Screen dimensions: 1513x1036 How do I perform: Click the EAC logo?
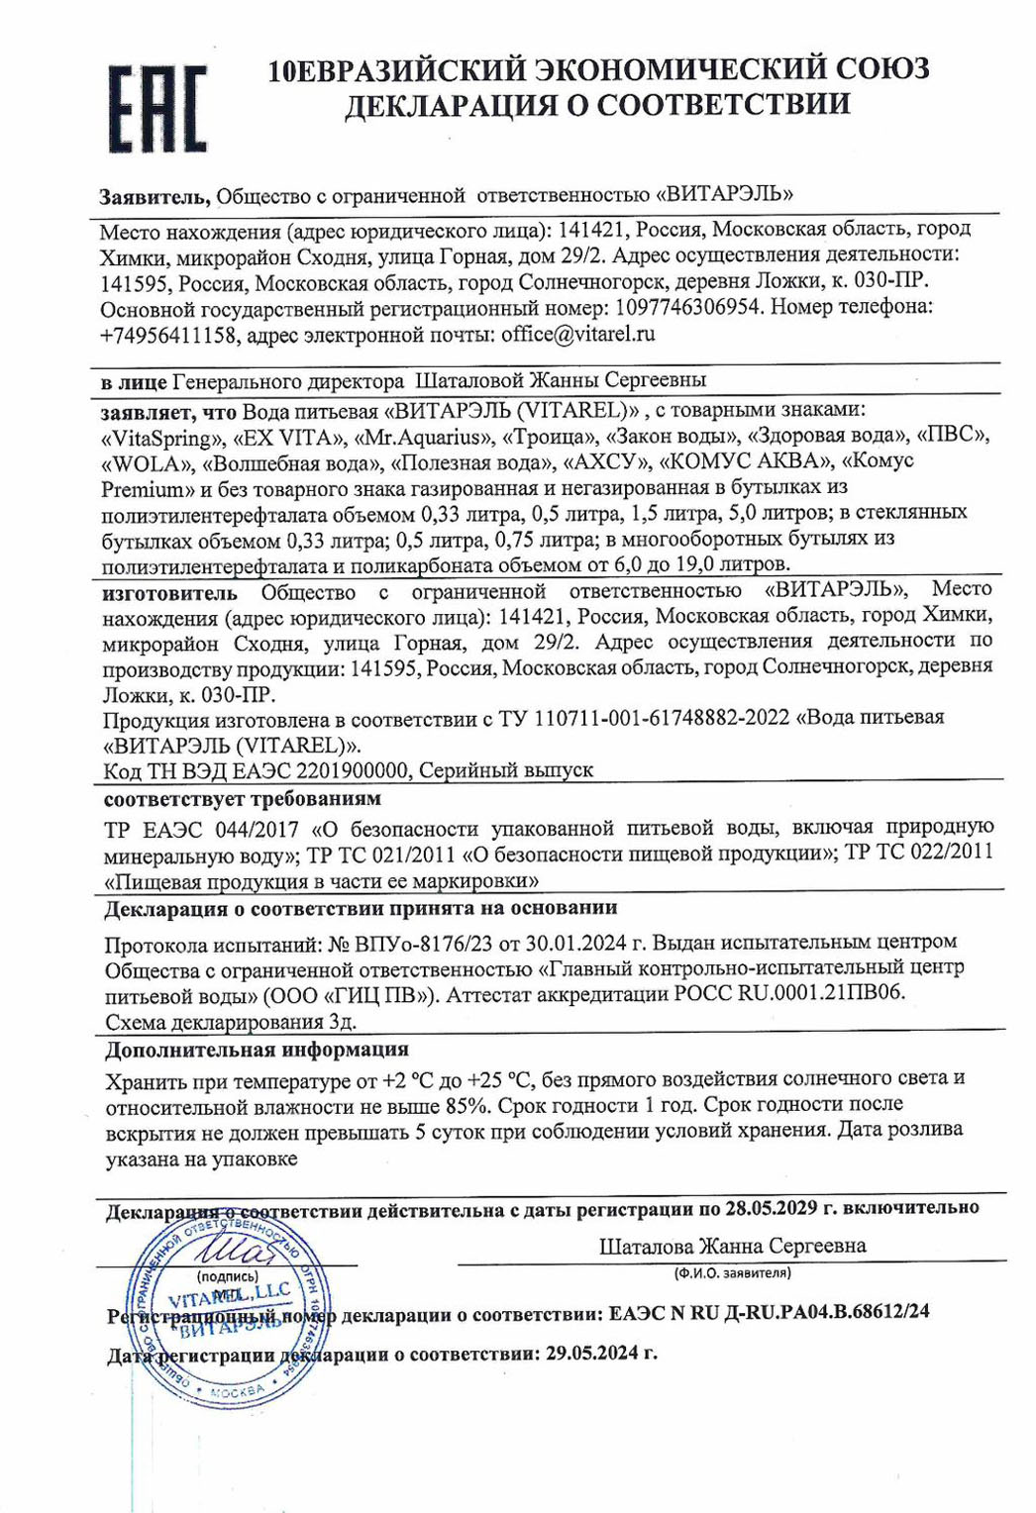click(157, 109)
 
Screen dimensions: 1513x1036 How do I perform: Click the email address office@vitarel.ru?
click(578, 335)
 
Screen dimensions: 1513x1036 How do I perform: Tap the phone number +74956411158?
click(168, 335)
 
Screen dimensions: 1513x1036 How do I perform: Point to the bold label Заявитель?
click(155, 196)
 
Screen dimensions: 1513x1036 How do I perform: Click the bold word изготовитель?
click(170, 593)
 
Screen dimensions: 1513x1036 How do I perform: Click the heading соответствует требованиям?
click(243, 798)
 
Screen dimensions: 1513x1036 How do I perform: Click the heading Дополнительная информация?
click(258, 1050)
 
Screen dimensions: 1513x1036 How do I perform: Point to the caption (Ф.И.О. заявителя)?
click(732, 1272)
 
